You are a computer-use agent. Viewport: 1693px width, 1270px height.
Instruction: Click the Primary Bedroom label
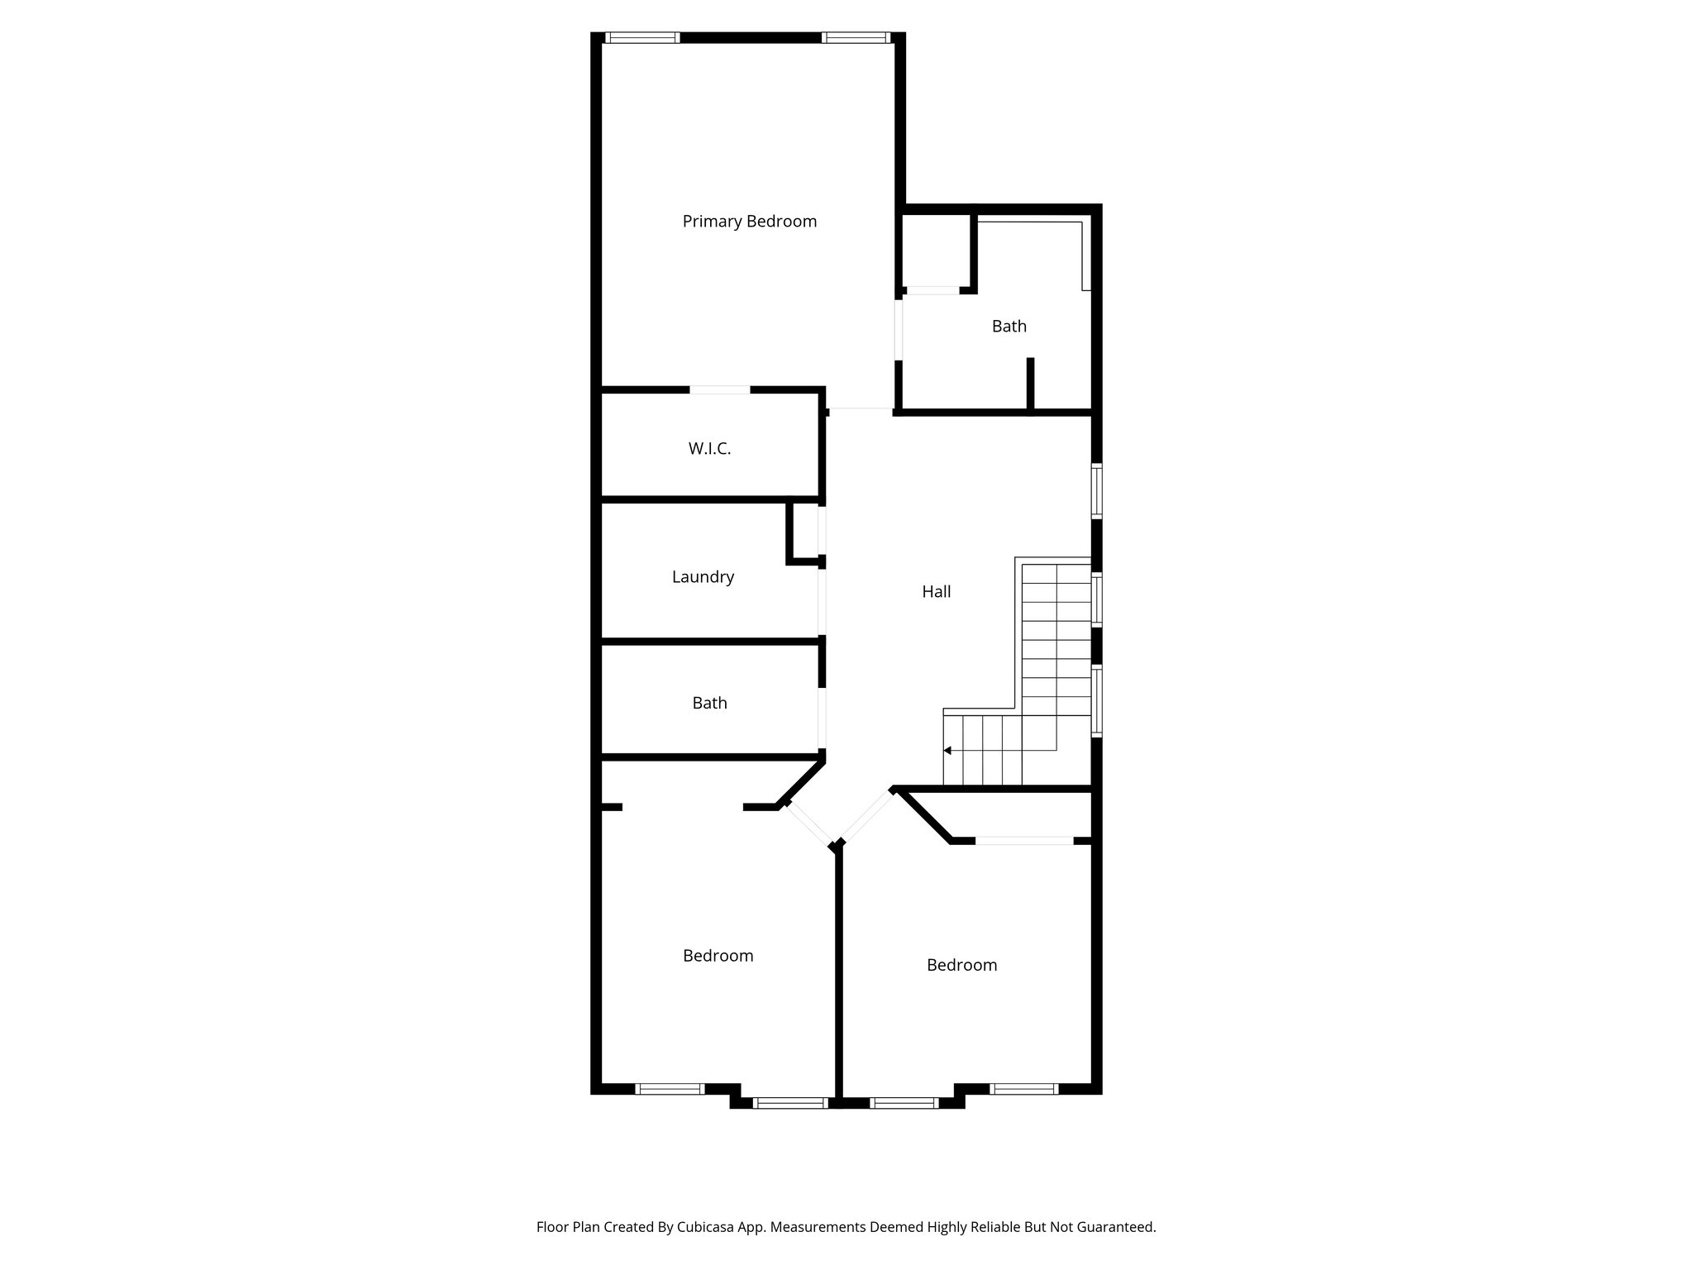[x=749, y=222]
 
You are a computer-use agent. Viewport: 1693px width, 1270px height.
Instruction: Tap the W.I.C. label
[x=709, y=449]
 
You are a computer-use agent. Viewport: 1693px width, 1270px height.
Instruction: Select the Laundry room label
[x=703, y=577]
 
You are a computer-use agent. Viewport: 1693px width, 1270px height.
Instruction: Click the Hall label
[x=936, y=592]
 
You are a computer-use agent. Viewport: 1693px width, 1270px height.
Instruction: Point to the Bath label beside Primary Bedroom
[x=1009, y=327]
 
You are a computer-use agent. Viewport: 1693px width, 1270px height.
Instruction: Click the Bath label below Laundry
[x=709, y=704]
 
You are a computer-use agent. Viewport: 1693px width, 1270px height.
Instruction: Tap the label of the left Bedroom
[x=718, y=956]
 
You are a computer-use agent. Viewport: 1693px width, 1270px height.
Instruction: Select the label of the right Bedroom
[x=961, y=965]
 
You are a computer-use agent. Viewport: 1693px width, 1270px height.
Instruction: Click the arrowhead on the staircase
[x=948, y=751]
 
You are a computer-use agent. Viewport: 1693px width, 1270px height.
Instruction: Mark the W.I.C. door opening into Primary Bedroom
[x=720, y=389]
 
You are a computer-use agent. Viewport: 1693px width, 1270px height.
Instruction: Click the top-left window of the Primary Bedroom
[x=641, y=37]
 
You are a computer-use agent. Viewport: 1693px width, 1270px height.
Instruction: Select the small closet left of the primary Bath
[x=935, y=251]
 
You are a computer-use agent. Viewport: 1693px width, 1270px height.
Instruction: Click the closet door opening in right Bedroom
[x=1024, y=841]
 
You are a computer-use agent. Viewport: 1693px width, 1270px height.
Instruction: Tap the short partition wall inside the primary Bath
[x=1030, y=383]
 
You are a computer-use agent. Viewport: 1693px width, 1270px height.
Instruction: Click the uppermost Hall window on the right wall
[x=1096, y=490]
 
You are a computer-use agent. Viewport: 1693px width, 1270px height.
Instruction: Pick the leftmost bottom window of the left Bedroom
[x=670, y=1089]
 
